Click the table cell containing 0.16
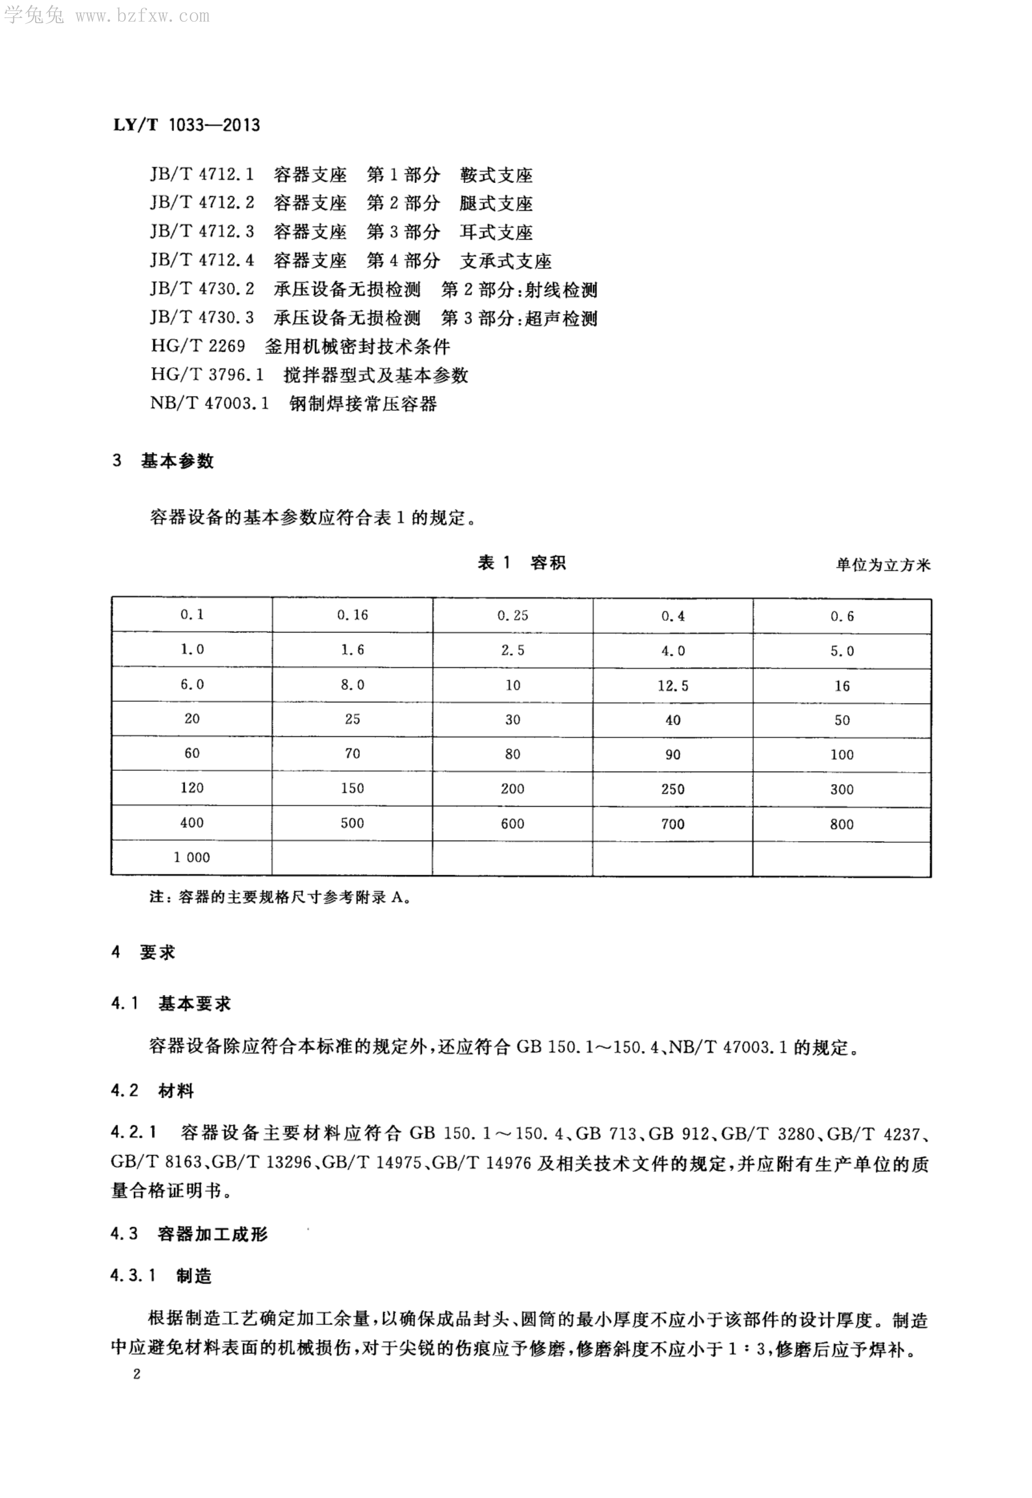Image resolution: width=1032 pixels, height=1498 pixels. click(x=352, y=615)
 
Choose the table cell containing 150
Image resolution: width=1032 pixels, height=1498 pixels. click(x=352, y=788)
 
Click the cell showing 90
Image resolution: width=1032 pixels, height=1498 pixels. click(x=672, y=754)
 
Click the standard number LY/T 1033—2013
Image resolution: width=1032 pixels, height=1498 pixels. click(x=187, y=125)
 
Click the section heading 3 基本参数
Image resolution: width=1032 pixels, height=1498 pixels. click(x=163, y=461)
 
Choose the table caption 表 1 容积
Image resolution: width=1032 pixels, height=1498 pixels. click(x=521, y=563)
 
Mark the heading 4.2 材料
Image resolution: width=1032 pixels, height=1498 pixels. click(x=152, y=1091)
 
